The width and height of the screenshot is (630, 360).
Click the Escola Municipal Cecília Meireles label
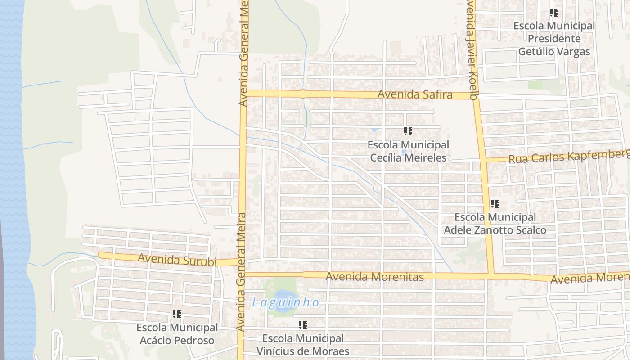click(408, 151)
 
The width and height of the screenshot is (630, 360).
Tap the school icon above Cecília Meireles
click(408, 131)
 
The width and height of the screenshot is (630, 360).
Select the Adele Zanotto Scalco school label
click(495, 224)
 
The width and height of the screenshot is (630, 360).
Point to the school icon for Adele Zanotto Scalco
click(495, 204)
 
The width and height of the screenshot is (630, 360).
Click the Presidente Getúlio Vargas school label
click(554, 39)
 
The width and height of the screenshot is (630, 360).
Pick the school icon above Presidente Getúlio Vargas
click(554, 13)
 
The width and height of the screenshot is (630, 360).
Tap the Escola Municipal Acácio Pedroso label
click(177, 334)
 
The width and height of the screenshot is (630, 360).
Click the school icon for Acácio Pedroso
click(177, 314)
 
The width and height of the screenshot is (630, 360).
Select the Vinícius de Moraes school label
click(303, 344)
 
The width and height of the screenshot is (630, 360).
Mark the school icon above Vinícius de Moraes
click(303, 324)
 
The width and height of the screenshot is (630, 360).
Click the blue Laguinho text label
click(285, 302)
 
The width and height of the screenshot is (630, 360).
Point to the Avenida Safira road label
click(415, 94)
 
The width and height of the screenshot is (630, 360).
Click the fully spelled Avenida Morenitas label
click(374, 276)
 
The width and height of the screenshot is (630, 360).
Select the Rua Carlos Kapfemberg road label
click(569, 156)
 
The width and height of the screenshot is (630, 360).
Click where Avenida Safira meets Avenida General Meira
click(243, 94)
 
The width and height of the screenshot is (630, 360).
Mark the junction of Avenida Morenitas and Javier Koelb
click(491, 274)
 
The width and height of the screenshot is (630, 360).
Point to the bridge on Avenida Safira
click(303, 94)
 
